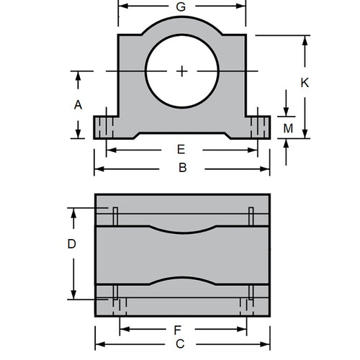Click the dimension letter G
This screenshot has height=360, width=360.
tap(181, 6)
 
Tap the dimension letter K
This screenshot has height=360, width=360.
tap(305, 83)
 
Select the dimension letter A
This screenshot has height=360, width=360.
tap(78, 104)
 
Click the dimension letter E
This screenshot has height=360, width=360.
tap(181, 150)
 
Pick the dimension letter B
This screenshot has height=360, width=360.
tap(182, 168)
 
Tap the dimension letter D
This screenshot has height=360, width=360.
tap(71, 244)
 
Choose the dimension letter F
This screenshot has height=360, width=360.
tap(177, 330)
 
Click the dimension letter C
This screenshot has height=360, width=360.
tap(181, 344)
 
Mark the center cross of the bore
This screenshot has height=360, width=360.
tap(182, 71)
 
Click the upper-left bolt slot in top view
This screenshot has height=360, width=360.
tap(114, 215)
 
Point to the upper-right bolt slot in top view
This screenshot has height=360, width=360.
tap(251, 215)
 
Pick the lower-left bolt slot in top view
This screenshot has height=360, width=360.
tap(114, 293)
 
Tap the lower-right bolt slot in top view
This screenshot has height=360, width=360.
tap(251, 293)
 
